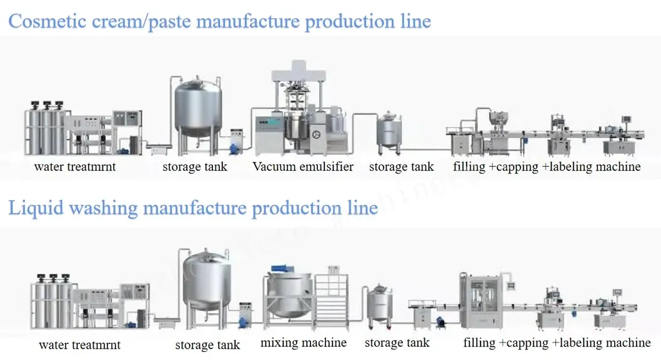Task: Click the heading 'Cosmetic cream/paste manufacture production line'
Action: coord(219,21)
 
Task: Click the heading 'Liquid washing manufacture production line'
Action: coord(192,207)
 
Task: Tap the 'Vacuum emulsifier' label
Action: coord(303,167)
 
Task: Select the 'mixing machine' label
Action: coord(303,343)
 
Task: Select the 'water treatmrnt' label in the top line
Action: coord(75,167)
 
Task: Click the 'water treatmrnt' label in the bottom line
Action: coord(79,345)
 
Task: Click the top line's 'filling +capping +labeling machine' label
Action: coord(547,167)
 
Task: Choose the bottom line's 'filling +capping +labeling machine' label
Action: coord(557,343)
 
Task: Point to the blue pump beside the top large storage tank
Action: coord(234,147)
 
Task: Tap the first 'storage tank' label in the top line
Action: coord(195,167)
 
